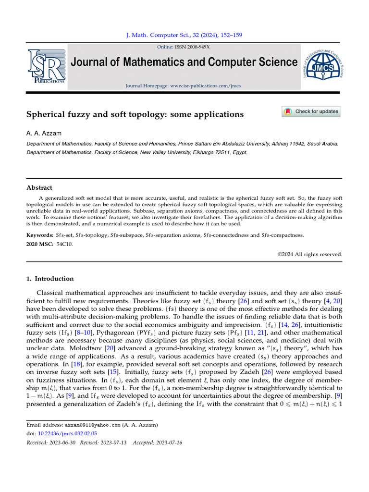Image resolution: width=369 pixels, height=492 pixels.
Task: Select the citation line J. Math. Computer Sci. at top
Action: [x=184, y=35]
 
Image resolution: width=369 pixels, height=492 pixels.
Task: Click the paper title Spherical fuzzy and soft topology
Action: [x=135, y=114]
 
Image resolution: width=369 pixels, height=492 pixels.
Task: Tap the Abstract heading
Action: [x=39, y=188]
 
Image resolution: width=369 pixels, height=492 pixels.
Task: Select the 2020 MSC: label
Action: [x=39, y=245]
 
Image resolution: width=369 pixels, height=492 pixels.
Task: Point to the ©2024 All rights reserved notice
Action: [x=310, y=254]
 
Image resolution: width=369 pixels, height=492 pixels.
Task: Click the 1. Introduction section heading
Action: [x=49, y=279]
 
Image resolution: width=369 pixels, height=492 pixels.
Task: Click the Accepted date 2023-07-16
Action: [x=168, y=442]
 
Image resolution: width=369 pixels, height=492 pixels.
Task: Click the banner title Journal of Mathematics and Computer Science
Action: [x=184, y=62]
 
